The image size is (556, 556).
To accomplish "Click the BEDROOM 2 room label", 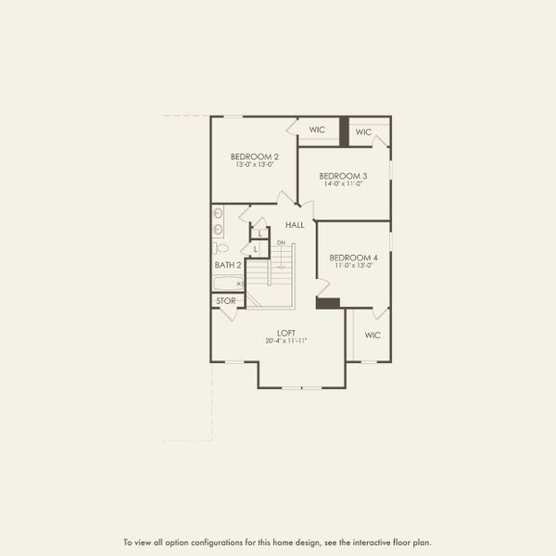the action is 255,157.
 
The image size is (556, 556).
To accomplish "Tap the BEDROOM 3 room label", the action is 343,176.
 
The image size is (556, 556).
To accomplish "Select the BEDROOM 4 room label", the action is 354,258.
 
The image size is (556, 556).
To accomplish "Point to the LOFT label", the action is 286,333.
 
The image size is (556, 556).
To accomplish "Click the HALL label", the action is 295,225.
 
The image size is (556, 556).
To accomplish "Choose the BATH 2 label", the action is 228,265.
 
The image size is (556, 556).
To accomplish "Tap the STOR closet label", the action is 226,300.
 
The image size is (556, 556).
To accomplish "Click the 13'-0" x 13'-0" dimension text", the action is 255,165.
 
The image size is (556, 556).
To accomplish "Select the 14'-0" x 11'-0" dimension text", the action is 343,183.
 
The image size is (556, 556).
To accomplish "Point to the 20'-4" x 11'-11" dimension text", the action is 285,341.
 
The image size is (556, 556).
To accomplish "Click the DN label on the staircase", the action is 281,243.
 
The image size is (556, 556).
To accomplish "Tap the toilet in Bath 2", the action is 221,247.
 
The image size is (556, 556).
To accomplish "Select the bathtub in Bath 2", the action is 228,284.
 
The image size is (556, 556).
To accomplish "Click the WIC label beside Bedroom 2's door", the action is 317,130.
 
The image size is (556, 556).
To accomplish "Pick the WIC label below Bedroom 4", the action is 373,335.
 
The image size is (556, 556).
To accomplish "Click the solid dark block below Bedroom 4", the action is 328,303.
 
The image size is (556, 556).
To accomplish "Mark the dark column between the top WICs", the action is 344,132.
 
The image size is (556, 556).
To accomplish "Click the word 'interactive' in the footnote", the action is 372,542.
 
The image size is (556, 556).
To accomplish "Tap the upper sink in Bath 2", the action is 218,213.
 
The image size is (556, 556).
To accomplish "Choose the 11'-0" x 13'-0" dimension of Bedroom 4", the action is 354,265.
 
